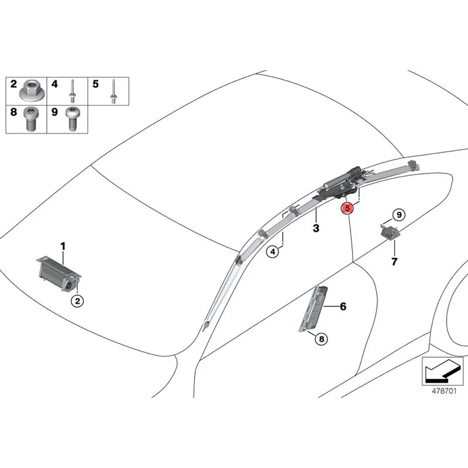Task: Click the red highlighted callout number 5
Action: (x=347, y=208)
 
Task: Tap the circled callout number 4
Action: (x=273, y=252)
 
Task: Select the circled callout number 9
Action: (x=398, y=215)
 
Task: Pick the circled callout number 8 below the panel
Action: (x=321, y=338)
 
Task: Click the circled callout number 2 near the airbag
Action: (x=77, y=301)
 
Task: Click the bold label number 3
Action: (x=316, y=228)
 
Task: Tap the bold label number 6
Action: (x=343, y=306)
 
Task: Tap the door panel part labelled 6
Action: (x=314, y=308)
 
